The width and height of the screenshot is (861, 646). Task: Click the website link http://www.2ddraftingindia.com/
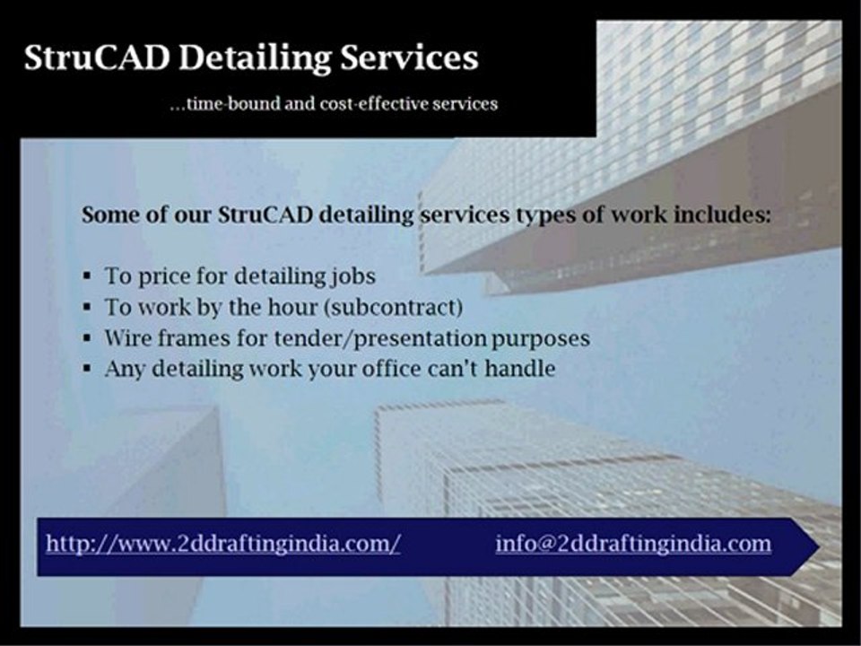[x=223, y=544]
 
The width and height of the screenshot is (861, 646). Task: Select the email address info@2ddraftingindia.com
[x=633, y=544]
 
